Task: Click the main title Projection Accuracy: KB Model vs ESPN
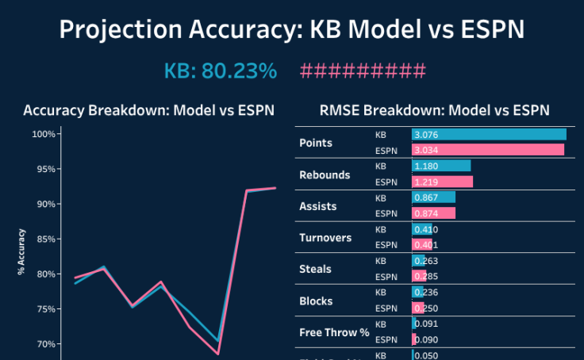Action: (x=291, y=29)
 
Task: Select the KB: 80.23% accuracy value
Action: (x=221, y=71)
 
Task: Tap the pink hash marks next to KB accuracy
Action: (x=363, y=71)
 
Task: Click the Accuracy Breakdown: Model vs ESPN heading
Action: (x=148, y=110)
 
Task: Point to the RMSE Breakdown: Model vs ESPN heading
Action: (x=434, y=110)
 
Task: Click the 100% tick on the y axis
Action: (x=44, y=134)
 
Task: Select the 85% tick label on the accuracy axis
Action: (x=45, y=239)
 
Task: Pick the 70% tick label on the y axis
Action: (x=45, y=344)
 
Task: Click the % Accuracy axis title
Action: (x=22, y=252)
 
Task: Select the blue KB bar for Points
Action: (x=488, y=135)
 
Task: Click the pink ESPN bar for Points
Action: (x=487, y=150)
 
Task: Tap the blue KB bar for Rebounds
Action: (x=440, y=166)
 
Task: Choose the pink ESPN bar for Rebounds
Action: (x=441, y=182)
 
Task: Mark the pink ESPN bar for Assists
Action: (x=433, y=213)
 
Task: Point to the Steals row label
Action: (x=315, y=270)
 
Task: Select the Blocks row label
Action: (x=316, y=301)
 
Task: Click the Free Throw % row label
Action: (x=333, y=332)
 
